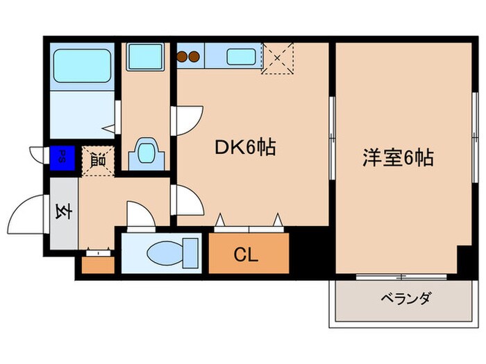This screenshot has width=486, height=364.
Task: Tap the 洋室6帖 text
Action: pyautogui.click(x=397, y=157)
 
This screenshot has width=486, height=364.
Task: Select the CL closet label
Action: pyautogui.click(x=247, y=255)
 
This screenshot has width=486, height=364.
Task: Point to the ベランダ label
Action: pyautogui.click(x=406, y=300)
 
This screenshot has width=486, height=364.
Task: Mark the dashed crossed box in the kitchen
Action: pyautogui.click(x=278, y=57)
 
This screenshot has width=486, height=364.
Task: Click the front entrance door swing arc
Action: pyautogui.click(x=28, y=213)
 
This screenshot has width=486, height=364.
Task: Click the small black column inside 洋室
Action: pyautogui.click(x=463, y=261)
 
